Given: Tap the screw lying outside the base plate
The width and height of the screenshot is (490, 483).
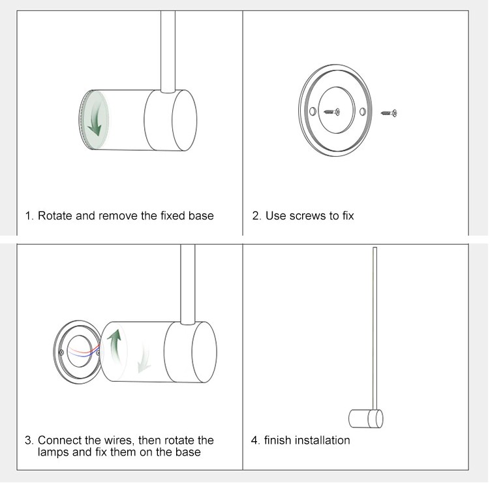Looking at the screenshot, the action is [389, 113].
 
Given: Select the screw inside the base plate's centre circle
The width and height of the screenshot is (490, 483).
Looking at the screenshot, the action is [332, 112].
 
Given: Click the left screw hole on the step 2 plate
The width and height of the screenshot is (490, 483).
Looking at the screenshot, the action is [313, 112].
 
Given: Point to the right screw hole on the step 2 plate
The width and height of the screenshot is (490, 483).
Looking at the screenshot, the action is [363, 112].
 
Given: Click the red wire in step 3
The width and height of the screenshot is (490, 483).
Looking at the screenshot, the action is [84, 350].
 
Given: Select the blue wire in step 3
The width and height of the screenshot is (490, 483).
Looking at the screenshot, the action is [84, 354].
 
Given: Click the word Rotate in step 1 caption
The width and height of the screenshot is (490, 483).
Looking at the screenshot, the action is [55, 215].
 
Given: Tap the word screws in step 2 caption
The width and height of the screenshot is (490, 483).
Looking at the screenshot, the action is [308, 216].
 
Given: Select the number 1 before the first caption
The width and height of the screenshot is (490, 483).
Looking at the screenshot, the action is [29, 215].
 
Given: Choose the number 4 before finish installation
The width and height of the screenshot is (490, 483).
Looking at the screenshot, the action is [255, 440].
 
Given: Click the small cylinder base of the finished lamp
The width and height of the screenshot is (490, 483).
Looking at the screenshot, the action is [365, 418].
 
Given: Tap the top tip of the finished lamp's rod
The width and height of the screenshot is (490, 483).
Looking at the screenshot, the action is [375, 247].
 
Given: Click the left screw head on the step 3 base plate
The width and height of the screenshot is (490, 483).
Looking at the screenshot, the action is [61, 352].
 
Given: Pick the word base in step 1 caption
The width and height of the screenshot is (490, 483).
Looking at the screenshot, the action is [201, 215].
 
